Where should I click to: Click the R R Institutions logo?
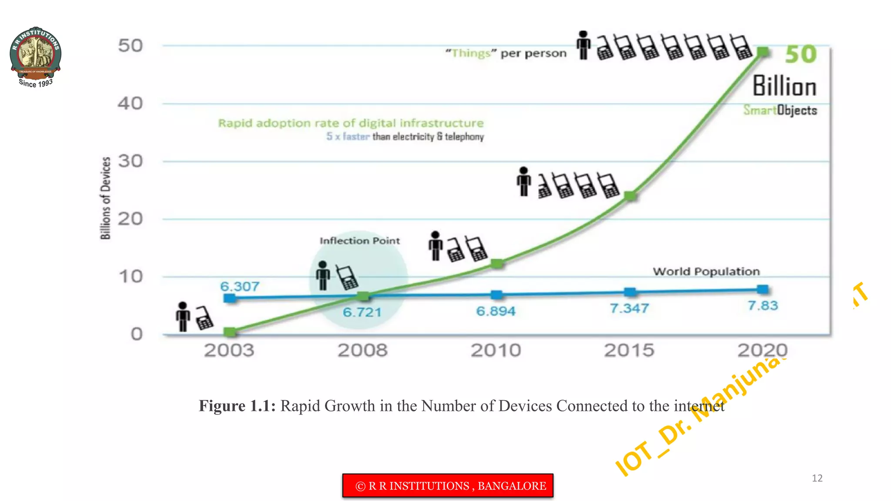35,57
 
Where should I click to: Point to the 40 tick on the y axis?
130,104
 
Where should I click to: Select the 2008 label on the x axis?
362,350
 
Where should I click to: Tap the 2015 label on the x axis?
629,350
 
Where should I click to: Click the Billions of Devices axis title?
106,198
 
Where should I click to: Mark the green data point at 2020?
763,52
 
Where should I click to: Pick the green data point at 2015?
630,196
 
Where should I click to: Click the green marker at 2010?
497,264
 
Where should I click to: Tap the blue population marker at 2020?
762,289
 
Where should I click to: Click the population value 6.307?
239,287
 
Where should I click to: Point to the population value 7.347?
629,308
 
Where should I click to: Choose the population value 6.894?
496,311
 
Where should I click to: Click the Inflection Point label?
359,240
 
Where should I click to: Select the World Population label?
706,271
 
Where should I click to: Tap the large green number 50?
801,55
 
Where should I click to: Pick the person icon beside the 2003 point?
183,317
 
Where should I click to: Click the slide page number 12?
817,478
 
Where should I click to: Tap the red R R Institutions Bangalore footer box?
448,485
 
